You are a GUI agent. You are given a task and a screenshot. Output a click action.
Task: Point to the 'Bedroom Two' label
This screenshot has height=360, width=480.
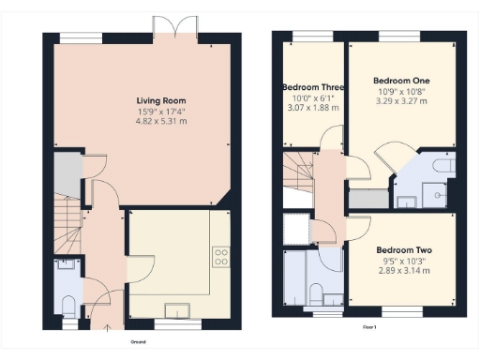tap(403, 250)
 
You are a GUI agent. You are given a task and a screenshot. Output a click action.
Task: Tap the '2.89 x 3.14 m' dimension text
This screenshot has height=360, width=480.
tap(403, 271)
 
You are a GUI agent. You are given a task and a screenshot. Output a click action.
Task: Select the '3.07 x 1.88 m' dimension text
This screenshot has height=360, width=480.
tap(312, 108)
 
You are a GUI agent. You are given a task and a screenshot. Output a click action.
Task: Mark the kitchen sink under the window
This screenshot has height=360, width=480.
tap(177, 309)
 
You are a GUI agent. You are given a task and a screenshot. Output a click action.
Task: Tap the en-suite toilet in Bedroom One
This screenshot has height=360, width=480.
tap(444, 166)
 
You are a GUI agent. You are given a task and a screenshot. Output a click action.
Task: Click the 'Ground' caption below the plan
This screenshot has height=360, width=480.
tap(136, 342)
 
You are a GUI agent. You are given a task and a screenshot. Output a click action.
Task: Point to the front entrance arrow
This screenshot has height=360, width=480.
tap(106, 327)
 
